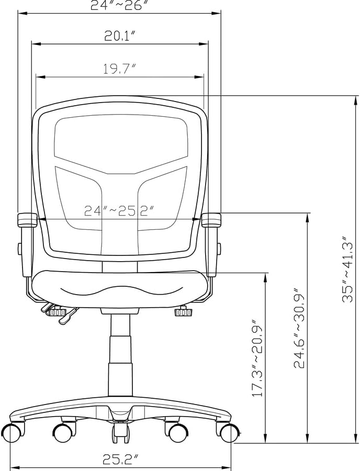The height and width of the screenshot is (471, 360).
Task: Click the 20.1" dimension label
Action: [120, 36]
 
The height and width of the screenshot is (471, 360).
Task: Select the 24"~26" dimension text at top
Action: [120, 5]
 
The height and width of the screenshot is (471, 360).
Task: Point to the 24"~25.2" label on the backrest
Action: [119, 210]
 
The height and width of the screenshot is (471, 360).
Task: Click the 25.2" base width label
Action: [121, 458]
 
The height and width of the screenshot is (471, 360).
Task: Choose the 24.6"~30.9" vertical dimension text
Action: [299, 328]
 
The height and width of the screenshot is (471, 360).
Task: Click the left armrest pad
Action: [27, 220]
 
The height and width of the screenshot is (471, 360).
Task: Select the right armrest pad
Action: [211, 220]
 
